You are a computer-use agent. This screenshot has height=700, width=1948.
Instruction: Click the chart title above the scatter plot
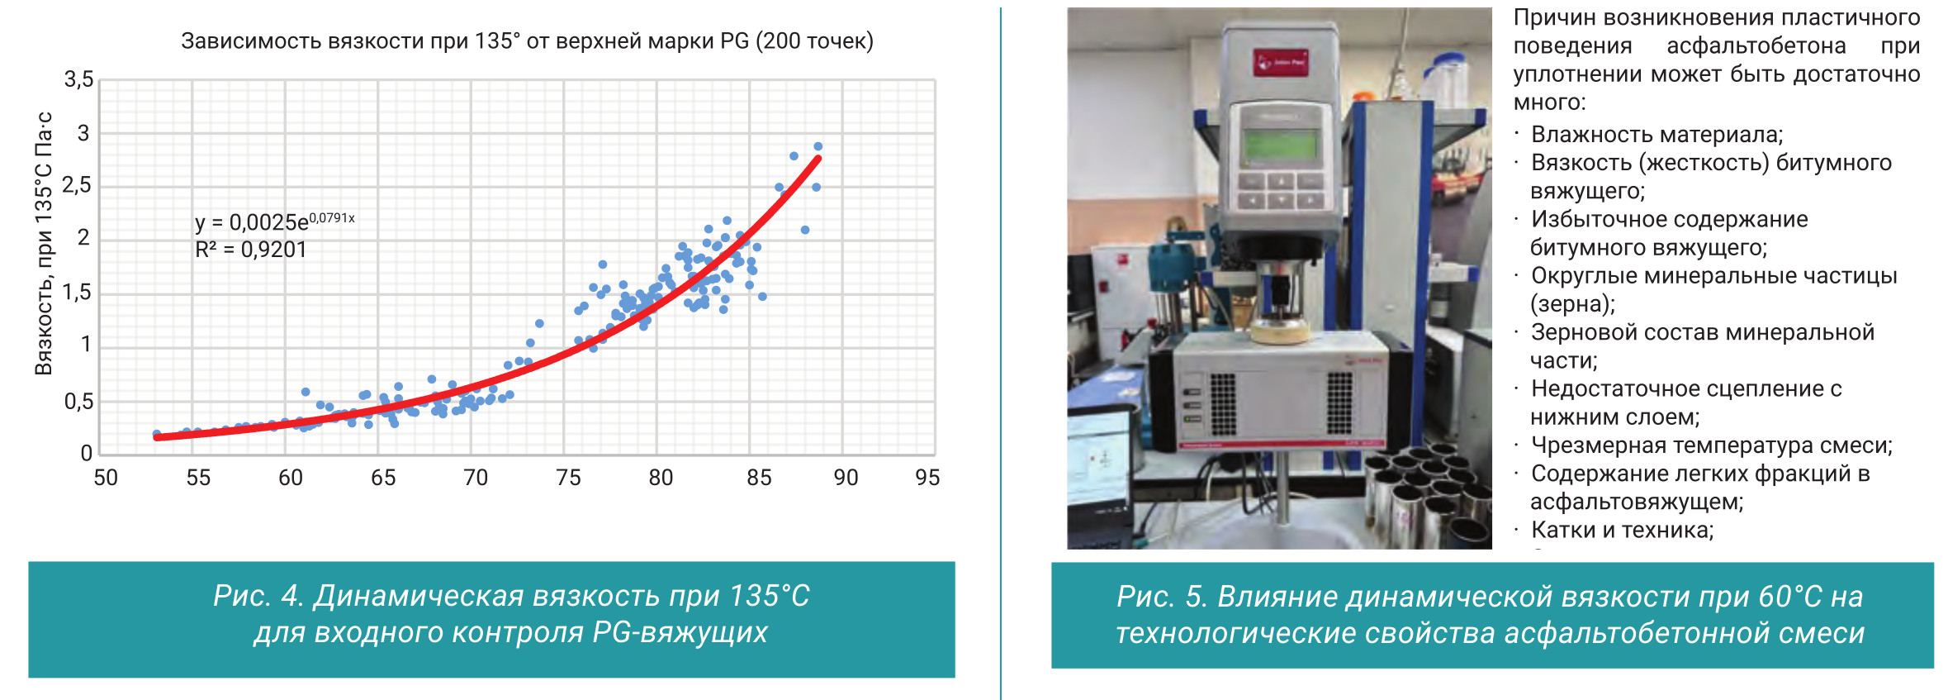click(x=527, y=41)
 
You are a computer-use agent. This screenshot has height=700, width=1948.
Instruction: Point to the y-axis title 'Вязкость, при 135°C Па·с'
click(x=44, y=243)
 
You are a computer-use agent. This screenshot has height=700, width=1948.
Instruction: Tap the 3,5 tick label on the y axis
click(x=79, y=79)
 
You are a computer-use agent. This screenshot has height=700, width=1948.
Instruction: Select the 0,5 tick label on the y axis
click(x=79, y=402)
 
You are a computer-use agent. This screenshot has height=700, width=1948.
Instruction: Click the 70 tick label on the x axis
click(x=476, y=478)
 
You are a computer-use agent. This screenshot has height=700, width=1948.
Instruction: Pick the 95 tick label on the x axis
click(x=927, y=478)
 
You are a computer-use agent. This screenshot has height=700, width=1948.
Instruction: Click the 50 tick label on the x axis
click(x=106, y=478)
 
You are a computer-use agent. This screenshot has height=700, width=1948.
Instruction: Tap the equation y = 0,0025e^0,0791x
click(x=275, y=221)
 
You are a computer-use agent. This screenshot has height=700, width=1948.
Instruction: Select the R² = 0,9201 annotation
click(x=251, y=250)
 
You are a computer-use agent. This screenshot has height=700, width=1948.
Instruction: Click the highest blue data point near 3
click(x=818, y=146)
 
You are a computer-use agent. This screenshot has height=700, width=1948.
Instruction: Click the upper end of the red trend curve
click(x=818, y=158)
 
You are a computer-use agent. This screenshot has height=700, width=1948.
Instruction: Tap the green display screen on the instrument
click(x=1280, y=145)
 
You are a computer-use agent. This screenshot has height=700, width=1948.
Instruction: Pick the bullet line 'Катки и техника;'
click(x=1623, y=530)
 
